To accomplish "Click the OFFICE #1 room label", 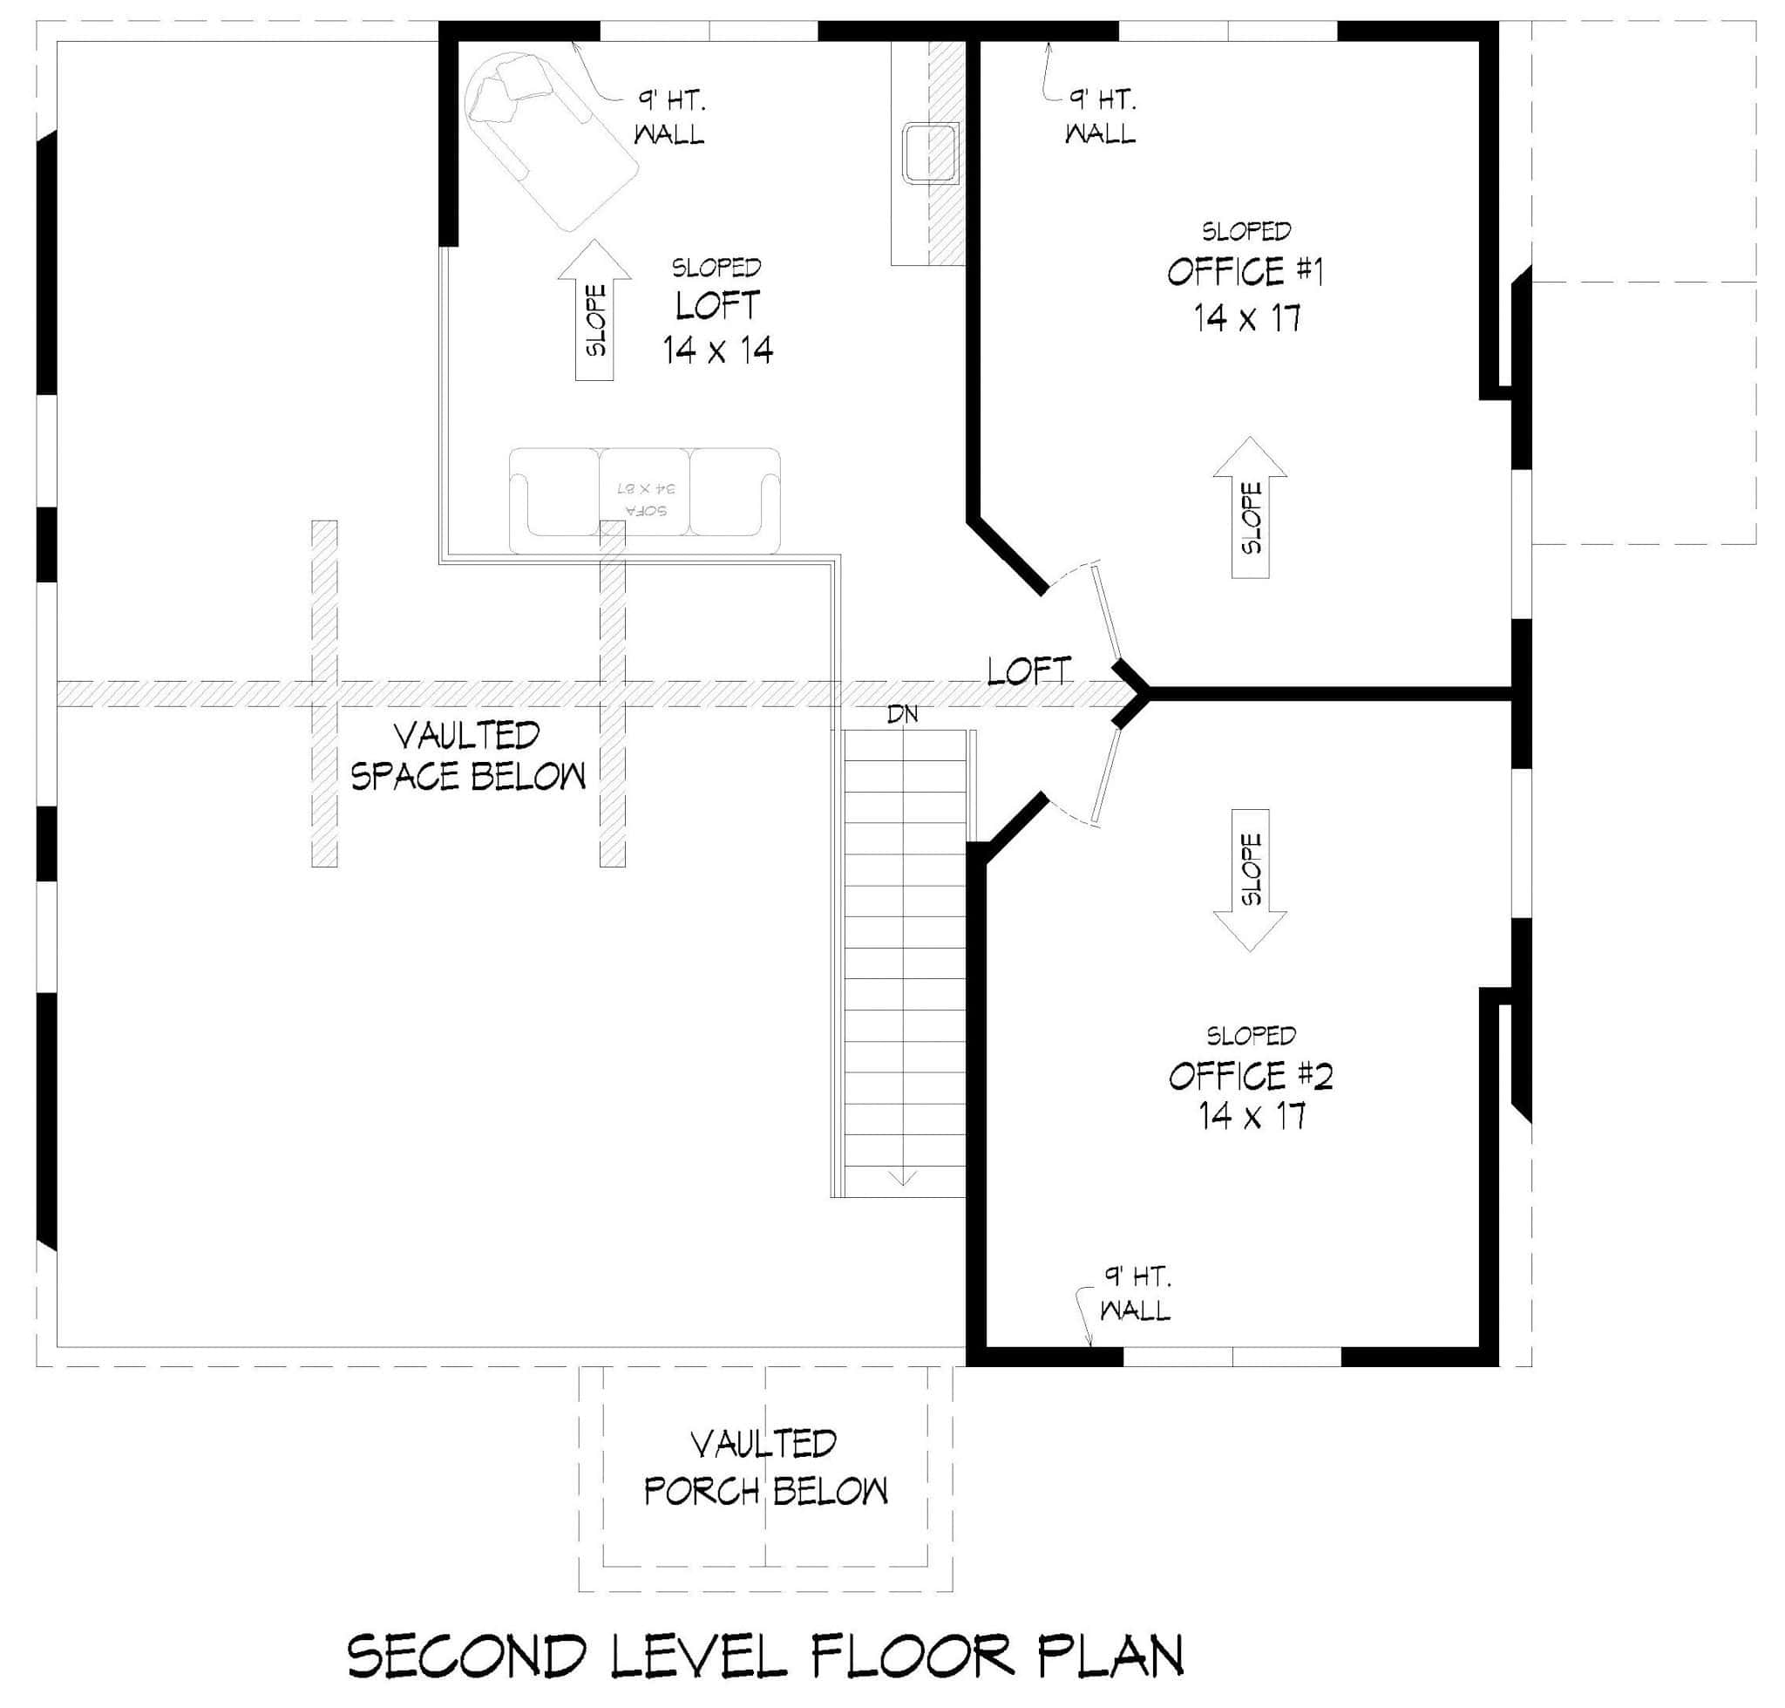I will pos(1245,271).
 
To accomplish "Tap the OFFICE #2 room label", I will pos(1250,1076).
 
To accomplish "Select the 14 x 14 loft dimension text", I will pos(717,350).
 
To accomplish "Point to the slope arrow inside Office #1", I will pos(1250,507).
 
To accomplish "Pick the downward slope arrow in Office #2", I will pos(1250,880).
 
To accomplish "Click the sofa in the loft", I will pos(643,499).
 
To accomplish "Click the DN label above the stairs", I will pos(902,715).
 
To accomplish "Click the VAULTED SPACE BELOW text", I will pos(468,756).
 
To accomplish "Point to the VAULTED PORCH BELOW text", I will pos(764,1467).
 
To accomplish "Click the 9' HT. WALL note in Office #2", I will pos(1134,1293).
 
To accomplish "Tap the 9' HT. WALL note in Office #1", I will pos(1101,116).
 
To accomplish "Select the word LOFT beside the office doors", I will pos(1028,672).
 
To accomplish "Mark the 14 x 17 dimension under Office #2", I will pos(1252,1116).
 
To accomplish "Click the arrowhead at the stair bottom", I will pos(901,1179).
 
